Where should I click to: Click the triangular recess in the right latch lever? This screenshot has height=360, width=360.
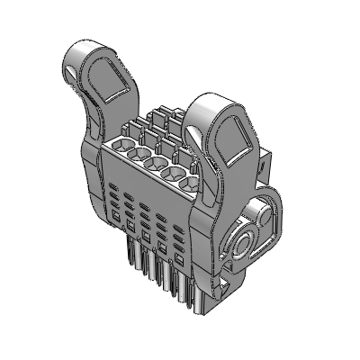pos(232,136)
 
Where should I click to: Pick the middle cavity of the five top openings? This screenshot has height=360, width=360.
pos(161,165)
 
